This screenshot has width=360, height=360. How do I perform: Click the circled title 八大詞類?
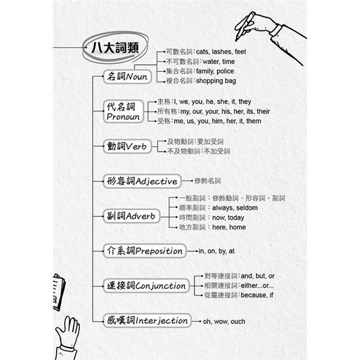pyautogui.click(x=115, y=48)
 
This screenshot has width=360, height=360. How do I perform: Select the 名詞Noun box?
pyautogui.click(x=127, y=76)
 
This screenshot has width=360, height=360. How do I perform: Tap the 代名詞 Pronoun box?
pyautogui.click(x=123, y=111)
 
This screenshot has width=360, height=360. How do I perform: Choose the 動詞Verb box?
pyautogui.click(x=127, y=146)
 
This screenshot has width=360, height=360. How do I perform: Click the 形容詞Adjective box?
pyautogui.click(x=142, y=181)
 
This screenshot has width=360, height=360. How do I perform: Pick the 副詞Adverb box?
pyautogui.click(x=131, y=216)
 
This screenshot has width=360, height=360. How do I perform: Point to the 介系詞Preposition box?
pyautogui.click(x=145, y=251)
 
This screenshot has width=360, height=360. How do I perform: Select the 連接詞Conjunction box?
pyautogui.click(x=146, y=286)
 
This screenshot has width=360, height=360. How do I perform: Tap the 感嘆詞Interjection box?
pyautogui.click(x=147, y=321)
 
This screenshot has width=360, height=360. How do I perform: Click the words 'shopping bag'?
pyautogui.click(x=216, y=81)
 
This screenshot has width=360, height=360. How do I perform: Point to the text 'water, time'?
pyautogui.click(x=219, y=61)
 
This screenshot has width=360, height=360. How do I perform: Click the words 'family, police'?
pyautogui.click(x=215, y=71)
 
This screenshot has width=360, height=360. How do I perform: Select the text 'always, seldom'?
pyautogui.click(x=235, y=208)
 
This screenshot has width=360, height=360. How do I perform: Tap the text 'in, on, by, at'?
pyautogui.click(x=217, y=251)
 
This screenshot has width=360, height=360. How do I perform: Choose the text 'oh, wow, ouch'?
pyautogui.click(x=224, y=321)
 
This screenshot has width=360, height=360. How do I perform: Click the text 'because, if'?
pyautogui.click(x=257, y=295)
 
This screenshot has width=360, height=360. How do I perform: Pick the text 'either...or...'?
pyautogui.click(x=257, y=285)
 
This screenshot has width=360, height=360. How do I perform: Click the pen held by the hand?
pyautogui.click(x=245, y=27)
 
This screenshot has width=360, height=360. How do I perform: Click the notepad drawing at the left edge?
pyautogui.click(x=59, y=292)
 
